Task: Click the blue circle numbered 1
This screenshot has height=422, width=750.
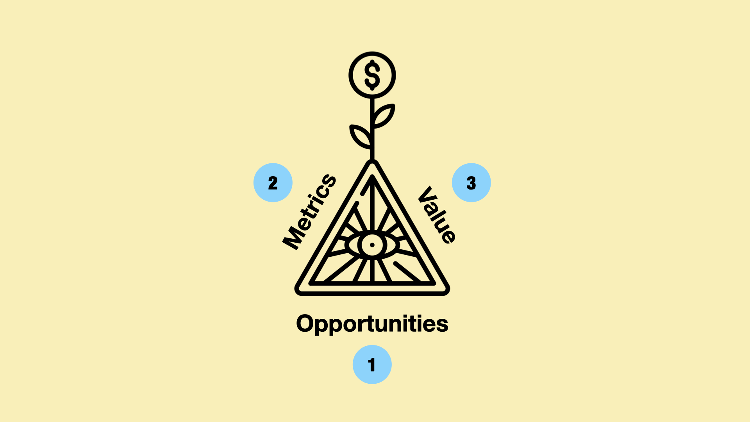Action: (x=372, y=365)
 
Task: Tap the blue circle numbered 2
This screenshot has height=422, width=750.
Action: (x=273, y=182)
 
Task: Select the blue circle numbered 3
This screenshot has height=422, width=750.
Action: (x=471, y=182)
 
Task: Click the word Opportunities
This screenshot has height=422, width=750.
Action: (x=372, y=324)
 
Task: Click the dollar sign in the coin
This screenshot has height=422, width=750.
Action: (x=372, y=75)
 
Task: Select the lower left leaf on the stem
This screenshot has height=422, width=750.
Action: (x=360, y=136)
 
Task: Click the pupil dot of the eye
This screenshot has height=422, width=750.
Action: (x=372, y=245)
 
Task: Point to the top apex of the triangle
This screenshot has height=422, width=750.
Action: (x=372, y=162)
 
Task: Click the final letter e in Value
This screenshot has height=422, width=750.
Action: (x=448, y=236)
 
